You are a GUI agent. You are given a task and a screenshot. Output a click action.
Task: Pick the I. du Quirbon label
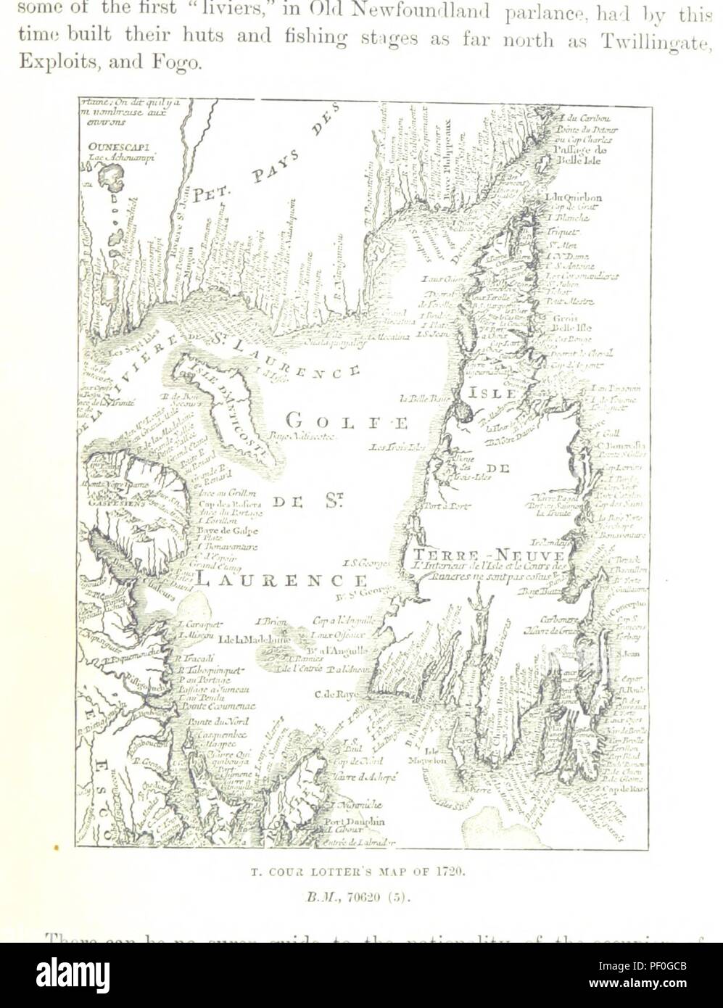coord(572,197)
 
